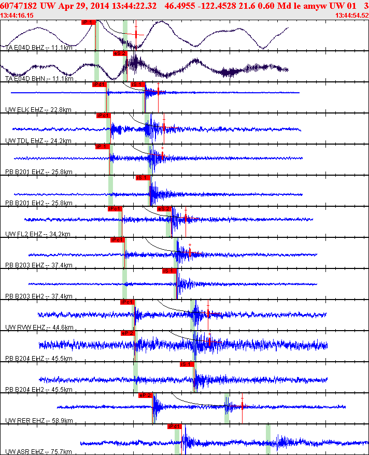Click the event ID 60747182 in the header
[19, 5]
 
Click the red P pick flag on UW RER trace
[145, 395]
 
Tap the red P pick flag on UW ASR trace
[174, 426]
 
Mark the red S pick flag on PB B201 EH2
[143, 178]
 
